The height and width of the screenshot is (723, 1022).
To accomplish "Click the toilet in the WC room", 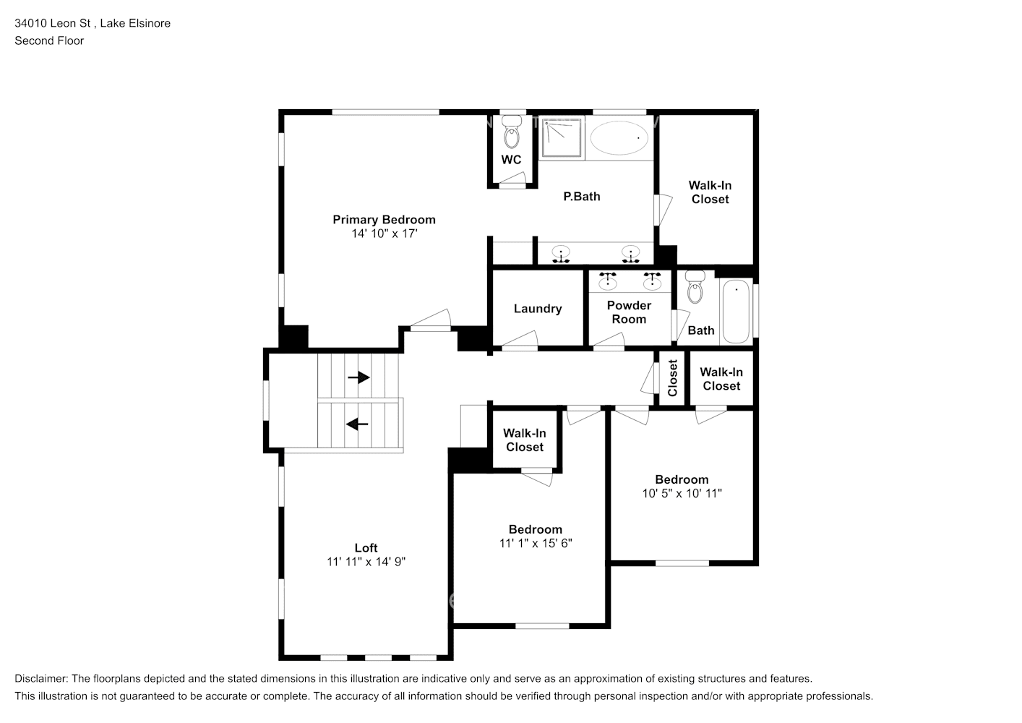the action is (512, 132).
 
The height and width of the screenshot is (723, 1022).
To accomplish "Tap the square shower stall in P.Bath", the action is (562, 137).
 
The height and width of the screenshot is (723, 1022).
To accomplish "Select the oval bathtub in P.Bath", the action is (619, 137).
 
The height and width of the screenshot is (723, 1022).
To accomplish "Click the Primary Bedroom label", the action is (384, 220).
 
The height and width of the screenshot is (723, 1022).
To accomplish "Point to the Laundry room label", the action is (538, 309).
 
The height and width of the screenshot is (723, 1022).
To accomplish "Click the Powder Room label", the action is (629, 312).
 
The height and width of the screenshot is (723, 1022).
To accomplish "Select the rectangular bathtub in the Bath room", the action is (736, 312).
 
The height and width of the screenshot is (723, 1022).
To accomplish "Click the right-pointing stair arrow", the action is (358, 377).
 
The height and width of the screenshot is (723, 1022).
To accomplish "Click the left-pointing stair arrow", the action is (357, 424).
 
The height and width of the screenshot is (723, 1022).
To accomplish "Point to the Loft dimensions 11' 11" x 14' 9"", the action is (366, 562).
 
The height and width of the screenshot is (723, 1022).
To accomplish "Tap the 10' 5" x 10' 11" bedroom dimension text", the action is (682, 493).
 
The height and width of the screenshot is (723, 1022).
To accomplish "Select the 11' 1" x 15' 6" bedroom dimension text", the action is (535, 543).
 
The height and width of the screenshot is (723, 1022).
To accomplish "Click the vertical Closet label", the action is (672, 378).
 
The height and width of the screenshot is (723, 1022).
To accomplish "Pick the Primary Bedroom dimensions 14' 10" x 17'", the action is (385, 234).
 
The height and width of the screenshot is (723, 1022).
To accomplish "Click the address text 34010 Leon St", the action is (53, 23).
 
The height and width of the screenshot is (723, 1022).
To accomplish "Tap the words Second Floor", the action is (49, 40).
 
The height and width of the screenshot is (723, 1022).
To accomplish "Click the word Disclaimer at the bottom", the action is (41, 679).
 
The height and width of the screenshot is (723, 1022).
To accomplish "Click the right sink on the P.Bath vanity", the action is (630, 254).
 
